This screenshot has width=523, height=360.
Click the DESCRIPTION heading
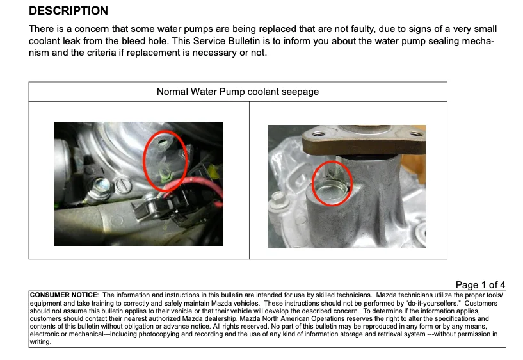(x=68, y=11)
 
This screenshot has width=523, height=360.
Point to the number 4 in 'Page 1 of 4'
(x=502, y=285)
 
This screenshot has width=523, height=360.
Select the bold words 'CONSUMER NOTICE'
(x=64, y=295)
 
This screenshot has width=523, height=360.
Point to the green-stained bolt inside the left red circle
(x=165, y=172)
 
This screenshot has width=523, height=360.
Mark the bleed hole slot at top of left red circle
(x=162, y=142)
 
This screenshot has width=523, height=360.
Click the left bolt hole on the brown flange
(x=318, y=134)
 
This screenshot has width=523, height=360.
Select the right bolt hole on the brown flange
(x=416, y=134)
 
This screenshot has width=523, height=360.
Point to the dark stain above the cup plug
(x=331, y=172)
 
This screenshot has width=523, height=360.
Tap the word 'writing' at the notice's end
(x=40, y=342)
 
